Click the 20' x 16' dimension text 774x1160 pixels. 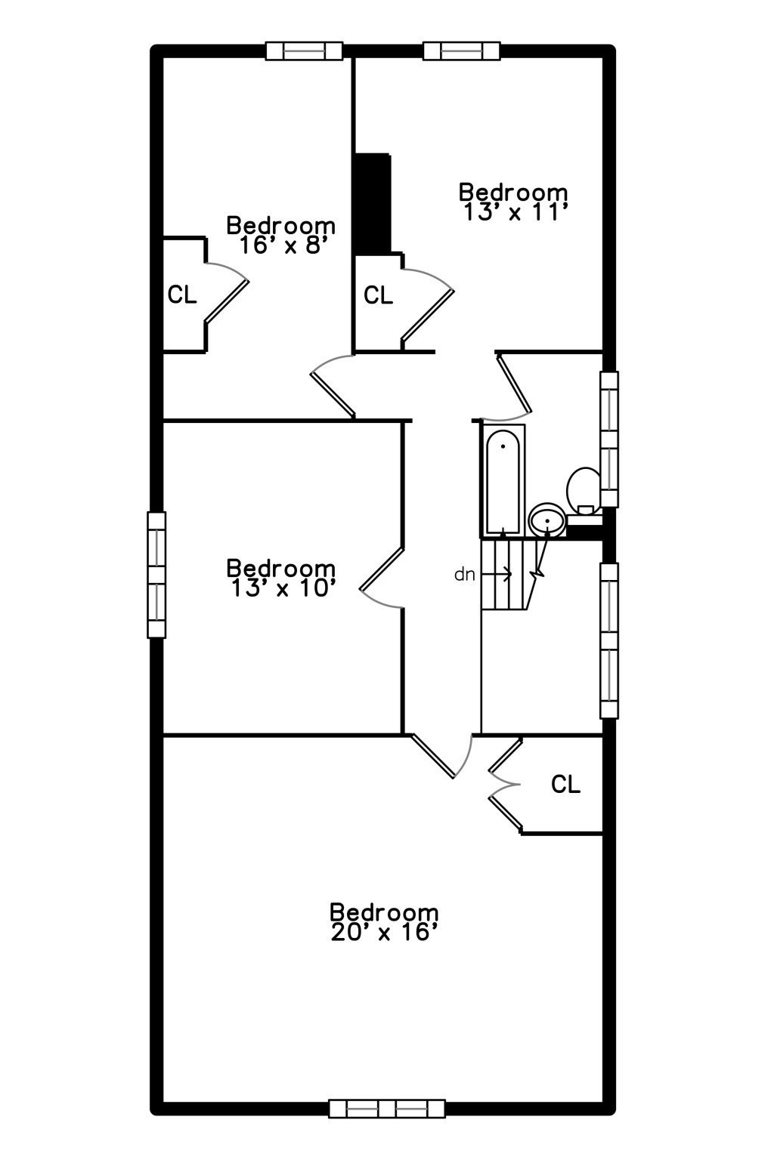[385, 933]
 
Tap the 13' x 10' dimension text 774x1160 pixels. [282, 588]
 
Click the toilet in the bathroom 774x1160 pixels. [584, 489]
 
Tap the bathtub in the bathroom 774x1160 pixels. [503, 480]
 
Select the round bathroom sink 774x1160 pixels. [546, 520]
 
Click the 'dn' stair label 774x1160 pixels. [464, 575]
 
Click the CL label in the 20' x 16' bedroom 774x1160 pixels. [565, 785]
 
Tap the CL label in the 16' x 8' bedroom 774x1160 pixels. [182, 295]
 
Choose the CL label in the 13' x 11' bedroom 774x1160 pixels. [378, 295]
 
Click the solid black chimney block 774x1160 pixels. [372, 202]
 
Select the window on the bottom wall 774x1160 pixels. [386, 1109]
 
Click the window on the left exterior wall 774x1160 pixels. [156, 575]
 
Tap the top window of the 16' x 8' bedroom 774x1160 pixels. [305, 51]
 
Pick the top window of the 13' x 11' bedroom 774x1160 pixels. [461, 51]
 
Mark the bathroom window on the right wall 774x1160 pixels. [608, 439]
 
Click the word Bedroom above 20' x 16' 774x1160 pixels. [384, 912]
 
